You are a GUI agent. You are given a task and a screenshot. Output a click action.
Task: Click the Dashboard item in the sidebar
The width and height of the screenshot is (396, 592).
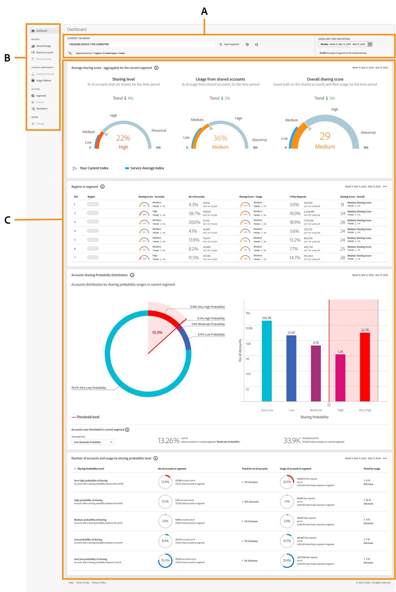pyautogui.click(x=41, y=31)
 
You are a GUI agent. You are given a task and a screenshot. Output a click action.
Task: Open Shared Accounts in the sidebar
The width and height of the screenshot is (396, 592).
pyautogui.click(x=44, y=53)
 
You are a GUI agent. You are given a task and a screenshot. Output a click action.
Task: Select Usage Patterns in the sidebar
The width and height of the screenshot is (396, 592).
pyautogui.click(x=43, y=81)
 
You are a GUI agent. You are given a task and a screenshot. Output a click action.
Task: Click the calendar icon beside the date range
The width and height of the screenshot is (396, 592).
pyautogui.click(x=370, y=44)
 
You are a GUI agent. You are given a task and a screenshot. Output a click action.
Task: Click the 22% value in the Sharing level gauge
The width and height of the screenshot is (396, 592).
pyautogui.click(x=123, y=138)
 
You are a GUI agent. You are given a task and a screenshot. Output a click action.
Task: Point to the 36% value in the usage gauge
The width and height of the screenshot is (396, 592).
pyautogui.click(x=220, y=138)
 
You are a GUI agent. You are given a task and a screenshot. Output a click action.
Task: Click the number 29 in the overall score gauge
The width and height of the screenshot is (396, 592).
pyautogui.click(x=325, y=136)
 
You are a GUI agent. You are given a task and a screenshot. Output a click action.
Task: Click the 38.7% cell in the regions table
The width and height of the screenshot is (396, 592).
pyautogui.click(x=194, y=213)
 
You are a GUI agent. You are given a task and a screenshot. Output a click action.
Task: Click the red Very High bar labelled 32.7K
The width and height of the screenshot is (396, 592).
pyautogui.click(x=365, y=367)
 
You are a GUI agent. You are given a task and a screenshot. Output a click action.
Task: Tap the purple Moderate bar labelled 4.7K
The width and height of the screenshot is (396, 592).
pyautogui.click(x=316, y=373)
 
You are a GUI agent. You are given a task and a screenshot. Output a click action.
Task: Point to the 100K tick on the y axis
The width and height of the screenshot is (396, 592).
pyautogui.click(x=249, y=328)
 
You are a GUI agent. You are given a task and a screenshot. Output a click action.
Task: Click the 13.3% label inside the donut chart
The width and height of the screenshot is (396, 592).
pyautogui.click(x=157, y=332)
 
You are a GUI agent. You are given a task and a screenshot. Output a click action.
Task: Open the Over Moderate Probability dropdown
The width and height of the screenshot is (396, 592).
pyautogui.click(x=93, y=442)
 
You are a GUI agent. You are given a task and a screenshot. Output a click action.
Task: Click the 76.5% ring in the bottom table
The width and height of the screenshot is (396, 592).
pyautogui.click(x=165, y=561)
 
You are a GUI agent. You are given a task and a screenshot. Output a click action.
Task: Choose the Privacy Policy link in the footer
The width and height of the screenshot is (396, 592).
pyautogui.click(x=99, y=583)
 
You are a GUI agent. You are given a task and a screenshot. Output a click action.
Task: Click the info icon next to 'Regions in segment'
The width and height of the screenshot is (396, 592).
pyautogui.click(x=102, y=187)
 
